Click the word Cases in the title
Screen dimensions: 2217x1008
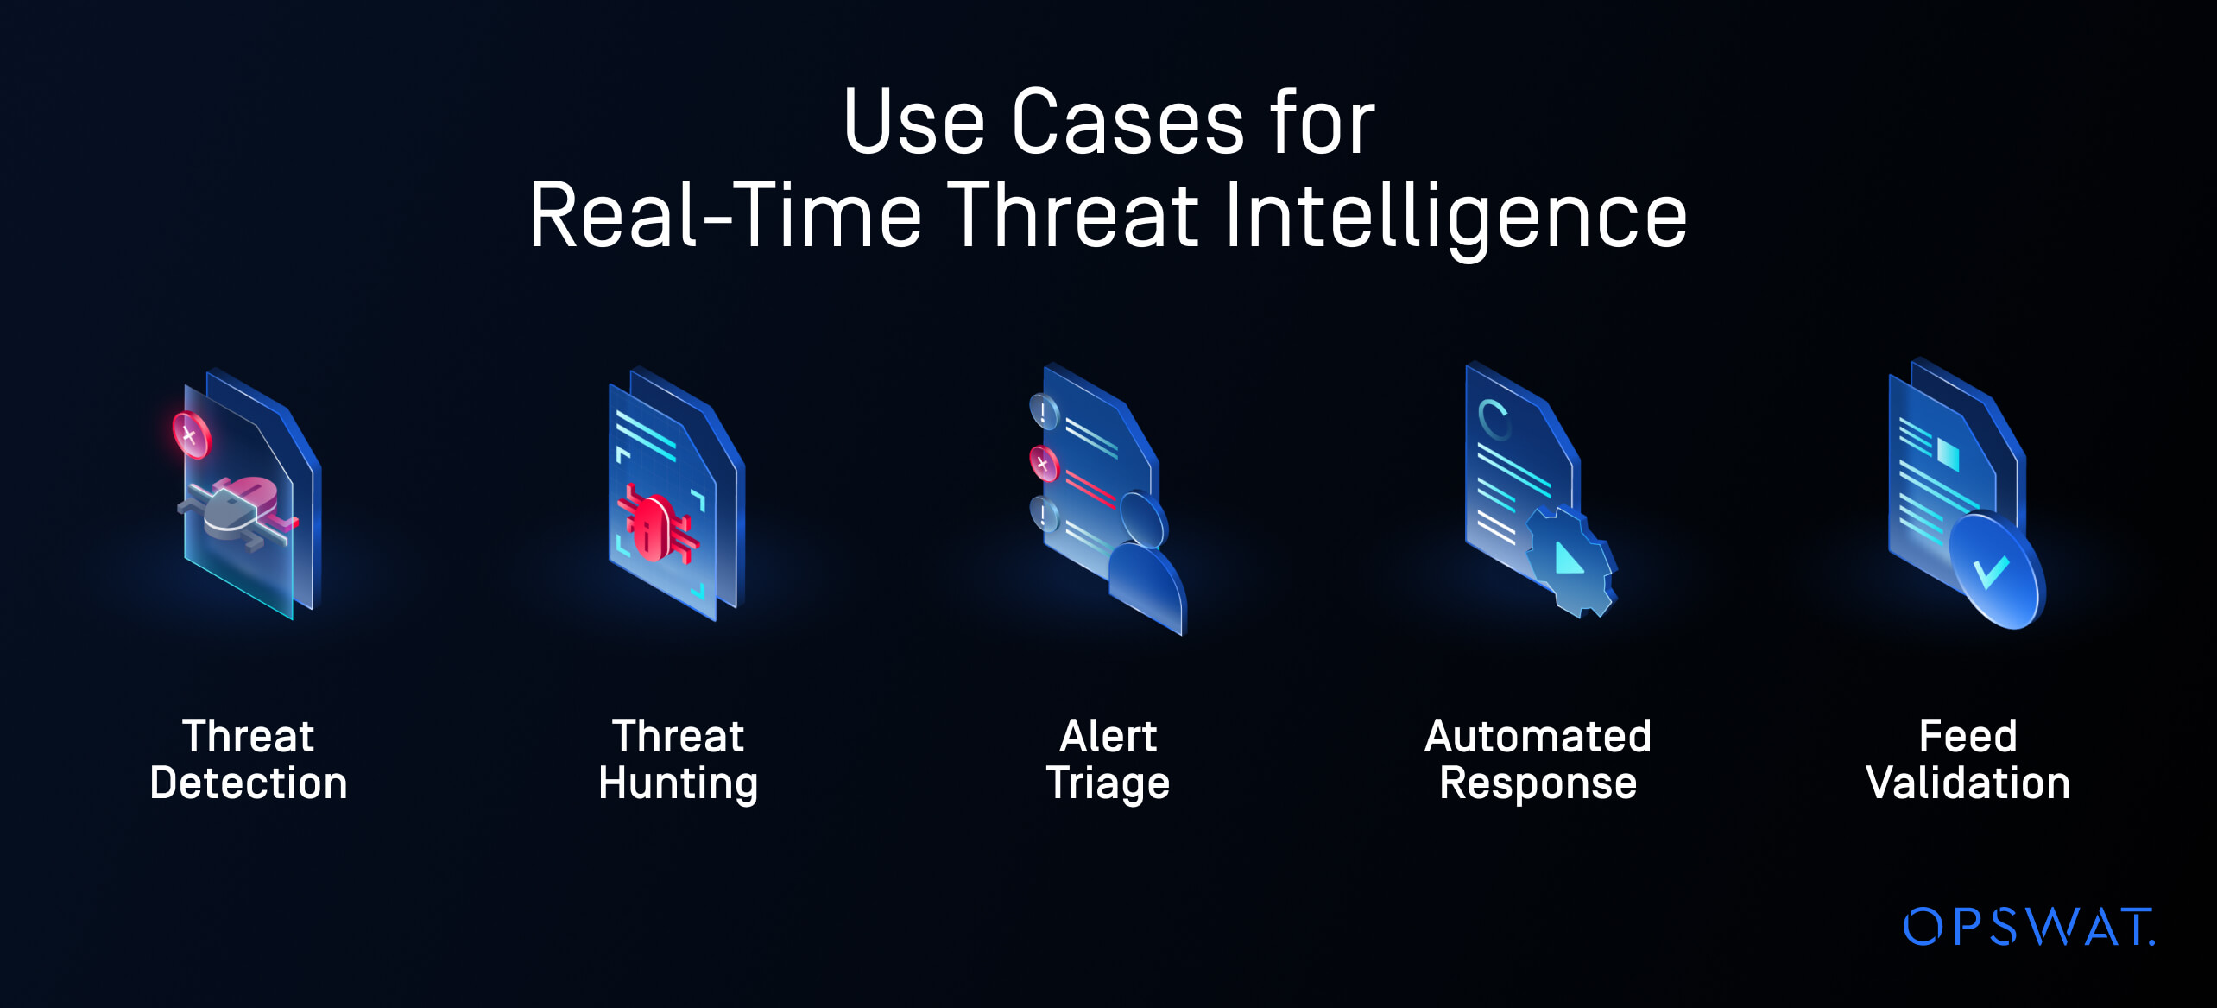(1127, 123)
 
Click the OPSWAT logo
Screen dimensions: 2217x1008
(2029, 927)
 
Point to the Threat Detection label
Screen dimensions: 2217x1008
(249, 759)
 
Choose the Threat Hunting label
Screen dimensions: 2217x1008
(679, 760)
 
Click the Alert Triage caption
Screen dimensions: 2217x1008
(1108, 760)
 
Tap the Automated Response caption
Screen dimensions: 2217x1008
(1538, 760)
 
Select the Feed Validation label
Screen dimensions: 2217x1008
(1968, 759)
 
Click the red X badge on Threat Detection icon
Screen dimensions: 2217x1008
(191, 434)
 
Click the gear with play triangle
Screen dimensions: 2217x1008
(1570, 562)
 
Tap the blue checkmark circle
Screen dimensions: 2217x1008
(1997, 570)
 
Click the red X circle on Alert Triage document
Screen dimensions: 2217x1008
(1044, 464)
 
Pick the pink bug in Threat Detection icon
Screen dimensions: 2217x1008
(239, 509)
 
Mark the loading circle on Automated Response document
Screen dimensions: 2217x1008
(1494, 420)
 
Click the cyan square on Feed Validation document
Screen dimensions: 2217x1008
(1949, 453)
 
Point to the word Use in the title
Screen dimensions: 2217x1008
(913, 123)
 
